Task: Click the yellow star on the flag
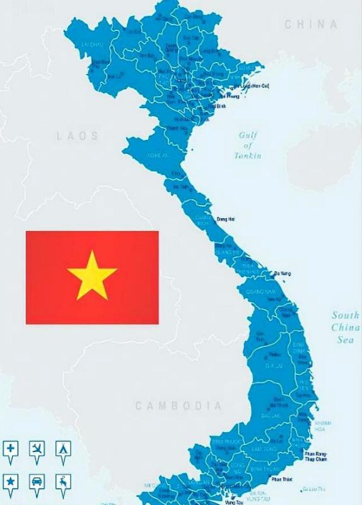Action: coord(92,275)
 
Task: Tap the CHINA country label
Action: coord(311,25)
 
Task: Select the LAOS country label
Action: coord(78,136)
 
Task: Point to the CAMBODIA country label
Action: coord(178,406)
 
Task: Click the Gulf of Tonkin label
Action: coord(248,145)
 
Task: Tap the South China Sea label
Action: coord(346,327)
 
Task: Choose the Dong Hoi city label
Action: coord(226,219)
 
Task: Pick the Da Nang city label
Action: coord(283,274)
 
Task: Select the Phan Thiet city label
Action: coord(282,479)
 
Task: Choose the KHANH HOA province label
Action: coord(322,425)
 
